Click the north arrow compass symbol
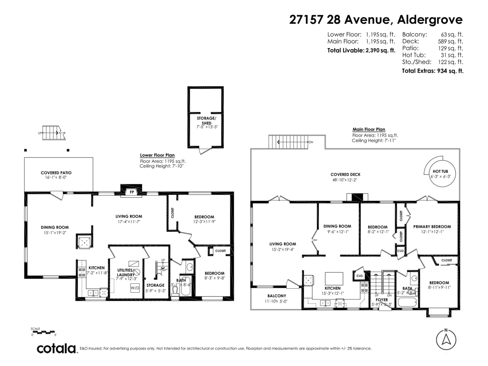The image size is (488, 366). (x=446, y=338)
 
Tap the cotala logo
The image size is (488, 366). (x=57, y=349)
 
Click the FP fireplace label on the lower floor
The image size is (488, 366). (x=131, y=192)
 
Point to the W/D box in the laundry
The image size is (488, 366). (x=135, y=288)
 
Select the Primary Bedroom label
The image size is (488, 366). (x=432, y=227)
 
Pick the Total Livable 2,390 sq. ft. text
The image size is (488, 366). (x=361, y=51)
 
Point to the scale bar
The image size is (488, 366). (x=44, y=332)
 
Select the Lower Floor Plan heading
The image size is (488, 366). (x=157, y=155)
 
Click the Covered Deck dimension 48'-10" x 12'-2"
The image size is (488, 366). (x=345, y=180)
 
